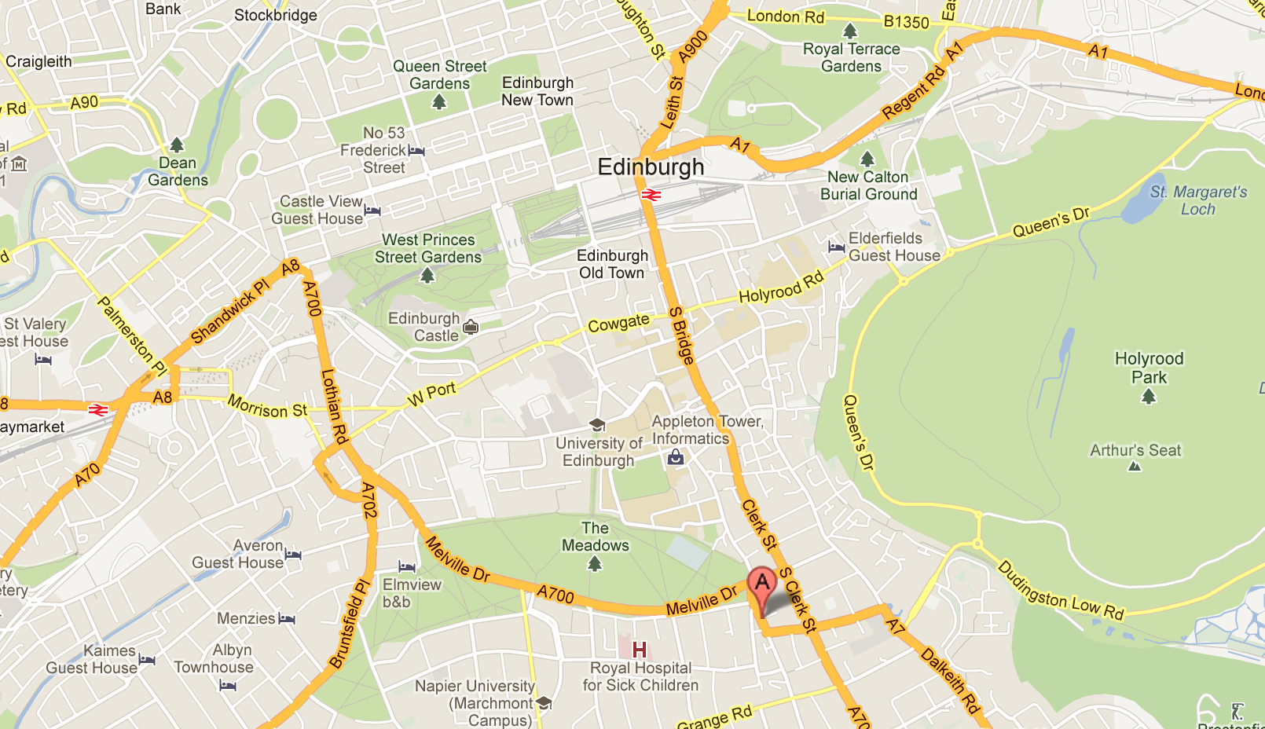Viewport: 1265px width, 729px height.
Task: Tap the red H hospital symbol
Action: (x=640, y=650)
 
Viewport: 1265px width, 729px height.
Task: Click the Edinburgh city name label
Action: (x=651, y=167)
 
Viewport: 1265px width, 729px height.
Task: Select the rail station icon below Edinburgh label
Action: (x=651, y=195)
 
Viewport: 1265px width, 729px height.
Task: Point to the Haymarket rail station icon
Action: (x=98, y=409)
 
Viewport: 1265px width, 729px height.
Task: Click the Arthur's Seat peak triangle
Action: (x=1134, y=467)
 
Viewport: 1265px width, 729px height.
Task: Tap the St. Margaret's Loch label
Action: (x=1198, y=200)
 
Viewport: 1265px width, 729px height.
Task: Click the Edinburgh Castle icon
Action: (x=471, y=327)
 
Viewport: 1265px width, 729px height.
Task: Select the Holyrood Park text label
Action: (x=1149, y=368)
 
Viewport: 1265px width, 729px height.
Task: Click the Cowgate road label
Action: (x=618, y=323)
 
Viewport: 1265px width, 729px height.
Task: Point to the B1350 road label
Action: (x=906, y=22)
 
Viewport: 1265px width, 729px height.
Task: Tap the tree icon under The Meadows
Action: (x=595, y=563)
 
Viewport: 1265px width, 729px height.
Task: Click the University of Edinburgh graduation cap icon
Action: (x=597, y=426)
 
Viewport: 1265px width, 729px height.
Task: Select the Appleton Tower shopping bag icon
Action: (x=676, y=457)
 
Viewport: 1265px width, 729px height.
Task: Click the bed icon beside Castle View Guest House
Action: (x=372, y=210)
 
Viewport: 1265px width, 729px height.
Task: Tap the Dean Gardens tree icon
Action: (x=177, y=145)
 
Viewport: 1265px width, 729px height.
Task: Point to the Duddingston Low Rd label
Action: (x=1061, y=591)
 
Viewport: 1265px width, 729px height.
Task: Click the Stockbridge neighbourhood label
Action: (x=275, y=15)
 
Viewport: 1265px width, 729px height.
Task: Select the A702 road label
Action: (x=368, y=500)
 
